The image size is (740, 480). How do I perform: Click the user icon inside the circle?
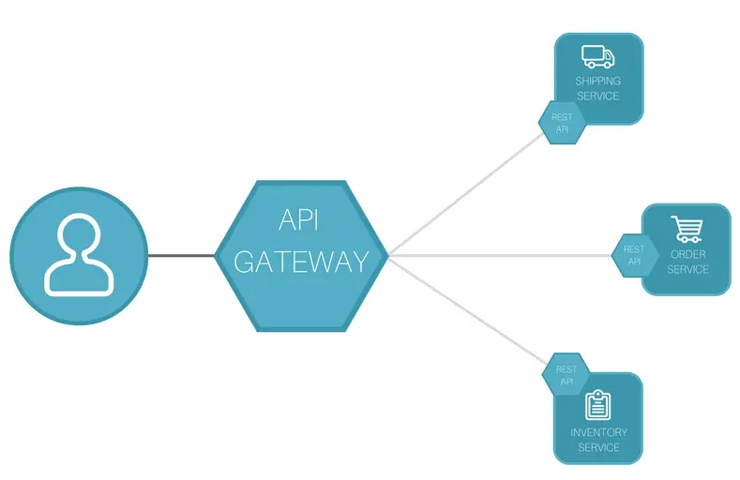point(79,256)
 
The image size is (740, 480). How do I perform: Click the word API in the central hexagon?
point(300,220)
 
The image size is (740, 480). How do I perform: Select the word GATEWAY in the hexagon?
point(300,262)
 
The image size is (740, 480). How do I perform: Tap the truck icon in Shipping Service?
point(597,57)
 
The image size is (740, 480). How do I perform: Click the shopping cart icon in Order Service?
point(687,229)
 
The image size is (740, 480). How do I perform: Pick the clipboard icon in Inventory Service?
point(597,405)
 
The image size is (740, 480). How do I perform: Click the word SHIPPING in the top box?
point(597,82)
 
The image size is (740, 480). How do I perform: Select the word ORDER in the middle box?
point(687,254)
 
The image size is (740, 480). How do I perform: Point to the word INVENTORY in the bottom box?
point(598,432)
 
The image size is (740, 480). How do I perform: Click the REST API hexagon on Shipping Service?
point(562,123)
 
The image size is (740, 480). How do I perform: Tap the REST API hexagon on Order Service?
point(634,255)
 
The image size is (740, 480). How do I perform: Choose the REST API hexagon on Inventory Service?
point(566,375)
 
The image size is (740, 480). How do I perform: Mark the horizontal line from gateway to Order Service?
point(497,255)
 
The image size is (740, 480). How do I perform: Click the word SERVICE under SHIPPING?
point(597,96)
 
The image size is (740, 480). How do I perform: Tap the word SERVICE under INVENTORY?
point(598,447)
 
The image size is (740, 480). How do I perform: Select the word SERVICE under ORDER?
point(687,269)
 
